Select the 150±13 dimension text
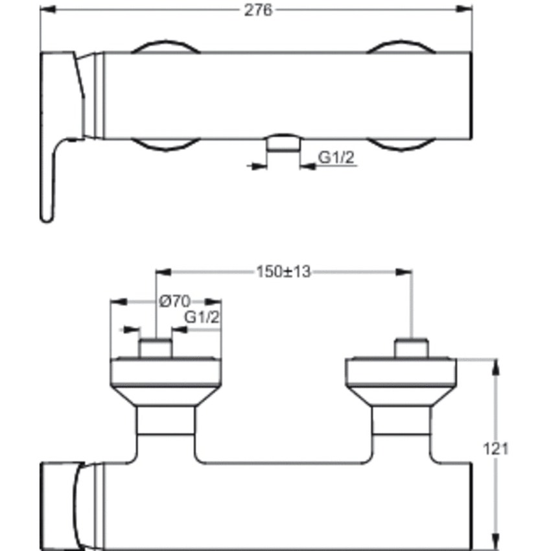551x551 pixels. pyautogui.click(x=284, y=272)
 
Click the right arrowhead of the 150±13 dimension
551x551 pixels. pyautogui.click(x=405, y=272)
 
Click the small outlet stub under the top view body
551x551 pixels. pyautogui.click(x=283, y=144)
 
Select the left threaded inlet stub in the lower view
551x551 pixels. pyautogui.click(x=156, y=348)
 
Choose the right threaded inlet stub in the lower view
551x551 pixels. pyautogui.click(x=412, y=348)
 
